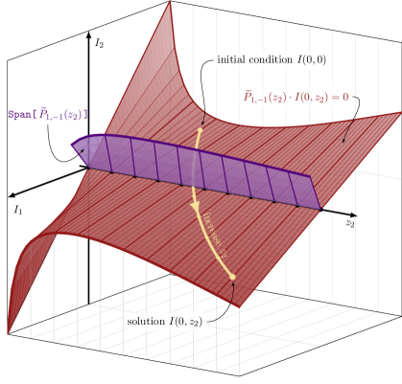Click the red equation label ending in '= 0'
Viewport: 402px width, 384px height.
point(296,97)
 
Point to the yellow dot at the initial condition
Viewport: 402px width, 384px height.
point(201,129)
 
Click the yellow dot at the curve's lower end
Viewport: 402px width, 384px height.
point(231,278)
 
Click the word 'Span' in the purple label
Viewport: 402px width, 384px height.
point(19,115)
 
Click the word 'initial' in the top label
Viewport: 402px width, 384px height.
point(233,60)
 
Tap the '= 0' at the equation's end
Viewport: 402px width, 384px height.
point(340,97)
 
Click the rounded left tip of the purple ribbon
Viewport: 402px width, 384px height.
point(73,147)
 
